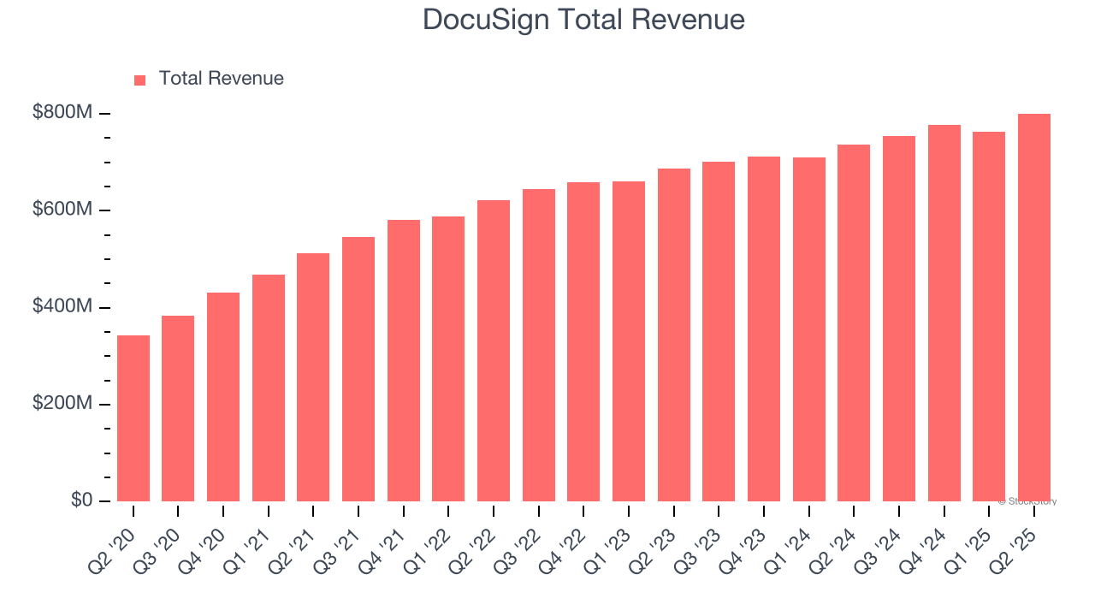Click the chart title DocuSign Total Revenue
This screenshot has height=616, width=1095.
[x=583, y=20]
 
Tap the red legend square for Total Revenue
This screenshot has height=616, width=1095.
[x=140, y=80]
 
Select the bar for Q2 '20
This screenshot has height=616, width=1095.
[x=133, y=418]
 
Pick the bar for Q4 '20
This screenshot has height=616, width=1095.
[x=223, y=397]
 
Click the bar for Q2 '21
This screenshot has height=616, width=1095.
[x=313, y=377]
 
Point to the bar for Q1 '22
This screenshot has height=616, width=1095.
[x=448, y=359]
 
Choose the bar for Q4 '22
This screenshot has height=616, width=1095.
[x=583, y=342]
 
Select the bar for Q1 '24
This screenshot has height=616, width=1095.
[x=808, y=329]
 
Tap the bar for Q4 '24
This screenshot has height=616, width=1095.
[x=944, y=313]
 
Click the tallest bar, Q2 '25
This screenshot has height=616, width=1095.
[x=1033, y=308]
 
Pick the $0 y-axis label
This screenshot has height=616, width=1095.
[x=81, y=500]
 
